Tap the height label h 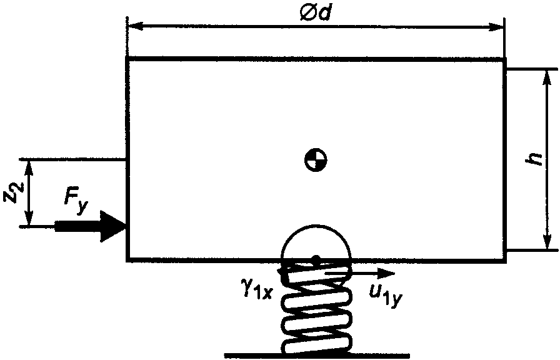coord(533,159)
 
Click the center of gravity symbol coord(316,161)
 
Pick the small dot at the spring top coord(316,258)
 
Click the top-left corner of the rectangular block coord(127,59)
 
